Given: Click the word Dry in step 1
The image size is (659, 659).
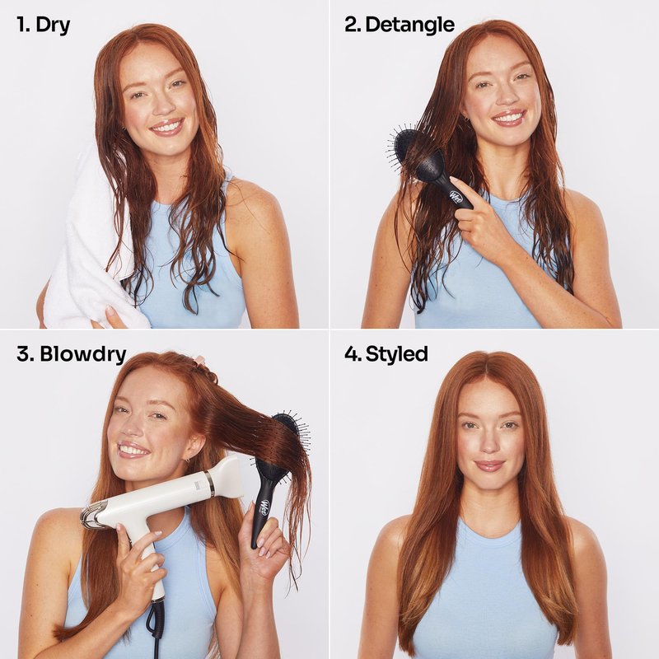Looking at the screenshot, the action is (x=53, y=26).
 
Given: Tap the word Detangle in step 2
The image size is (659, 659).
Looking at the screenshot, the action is (x=409, y=25).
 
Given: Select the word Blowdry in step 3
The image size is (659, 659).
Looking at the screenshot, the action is (x=83, y=355).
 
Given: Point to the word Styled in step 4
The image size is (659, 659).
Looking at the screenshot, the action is (x=397, y=354).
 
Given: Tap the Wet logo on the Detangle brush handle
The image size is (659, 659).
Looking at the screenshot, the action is (x=456, y=196).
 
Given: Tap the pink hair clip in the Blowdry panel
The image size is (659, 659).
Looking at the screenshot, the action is (x=199, y=361).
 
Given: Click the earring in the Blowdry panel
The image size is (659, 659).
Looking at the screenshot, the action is (x=187, y=460).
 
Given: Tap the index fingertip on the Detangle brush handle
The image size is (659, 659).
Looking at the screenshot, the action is (x=454, y=180).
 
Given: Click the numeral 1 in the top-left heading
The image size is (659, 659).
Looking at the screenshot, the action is (x=21, y=25).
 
